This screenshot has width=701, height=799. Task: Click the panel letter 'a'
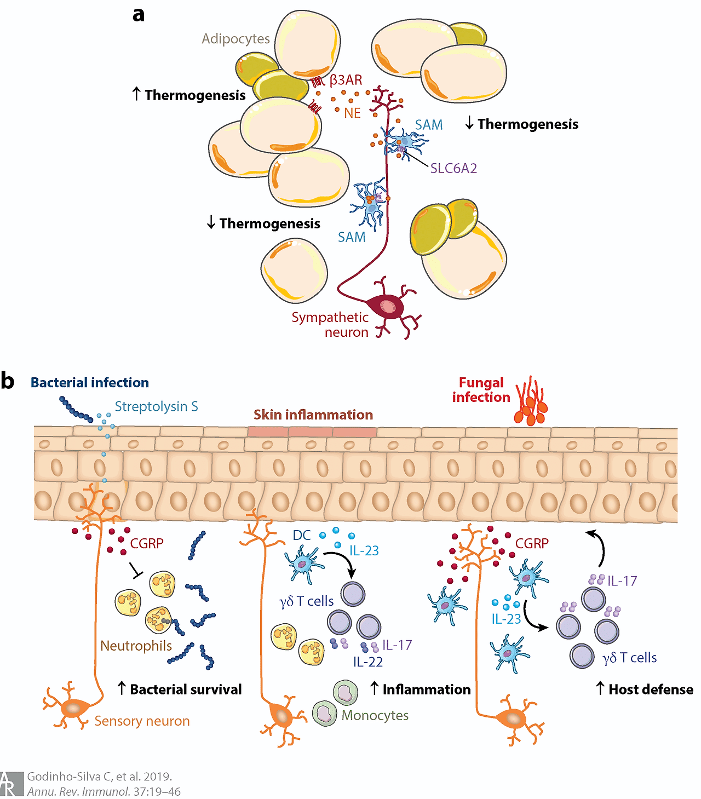click(x=139, y=14)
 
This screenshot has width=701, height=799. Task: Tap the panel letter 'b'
click(x=8, y=381)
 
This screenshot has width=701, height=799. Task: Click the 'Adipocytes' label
click(x=235, y=39)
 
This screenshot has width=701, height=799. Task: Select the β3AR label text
click(x=346, y=81)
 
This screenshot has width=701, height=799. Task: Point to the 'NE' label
click(x=352, y=113)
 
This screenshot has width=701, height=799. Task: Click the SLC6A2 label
click(x=453, y=168)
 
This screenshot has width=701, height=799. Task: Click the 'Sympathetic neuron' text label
click(x=330, y=325)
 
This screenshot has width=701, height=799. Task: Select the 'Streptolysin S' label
click(x=156, y=406)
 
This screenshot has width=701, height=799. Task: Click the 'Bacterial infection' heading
click(x=90, y=382)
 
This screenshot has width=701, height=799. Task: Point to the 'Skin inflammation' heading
click(x=313, y=415)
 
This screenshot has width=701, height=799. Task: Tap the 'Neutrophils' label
click(x=136, y=646)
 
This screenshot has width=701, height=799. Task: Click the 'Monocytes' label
click(x=375, y=715)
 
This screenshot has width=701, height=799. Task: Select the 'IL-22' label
click(x=368, y=662)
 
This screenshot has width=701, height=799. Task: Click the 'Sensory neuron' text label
click(x=142, y=721)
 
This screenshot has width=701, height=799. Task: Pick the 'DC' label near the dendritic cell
click(x=302, y=535)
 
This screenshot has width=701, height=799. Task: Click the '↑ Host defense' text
click(x=644, y=689)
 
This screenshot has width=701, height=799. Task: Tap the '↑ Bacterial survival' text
click(x=180, y=689)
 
